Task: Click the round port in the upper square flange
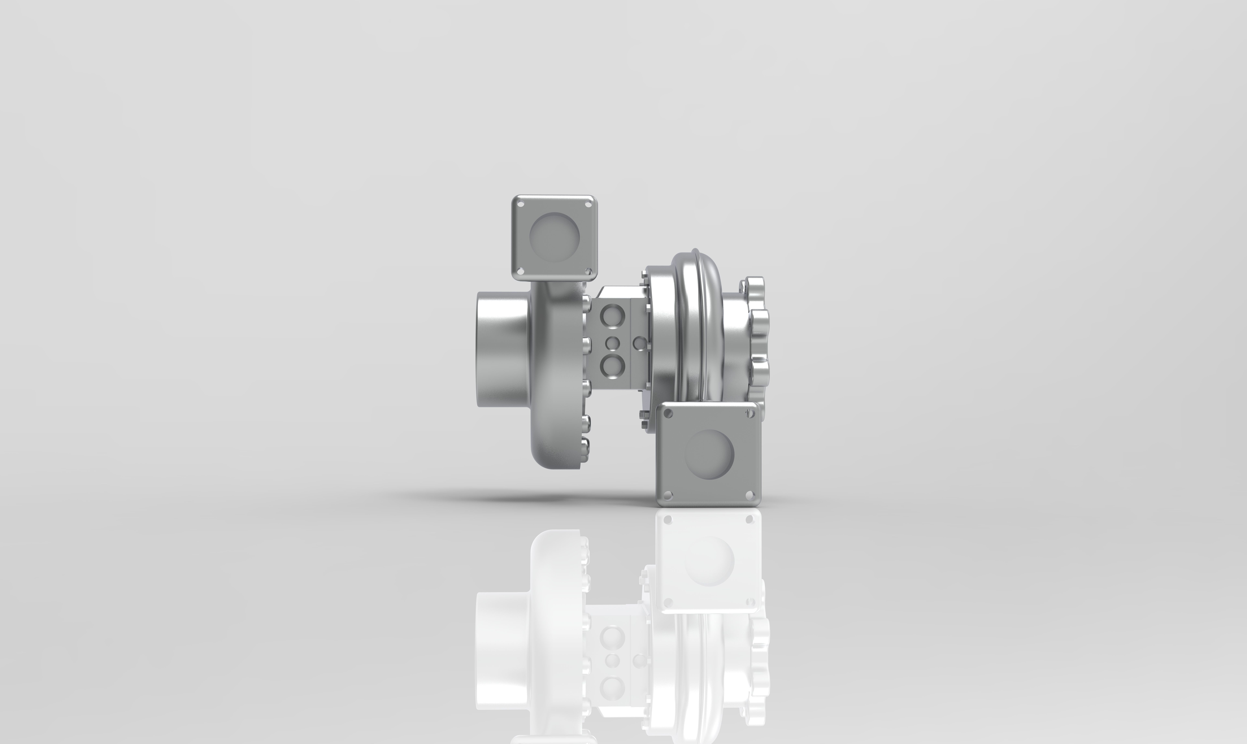[554, 237]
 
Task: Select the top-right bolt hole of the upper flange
[588, 204]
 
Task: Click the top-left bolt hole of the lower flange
[668, 413]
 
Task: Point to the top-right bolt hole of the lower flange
[750, 413]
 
